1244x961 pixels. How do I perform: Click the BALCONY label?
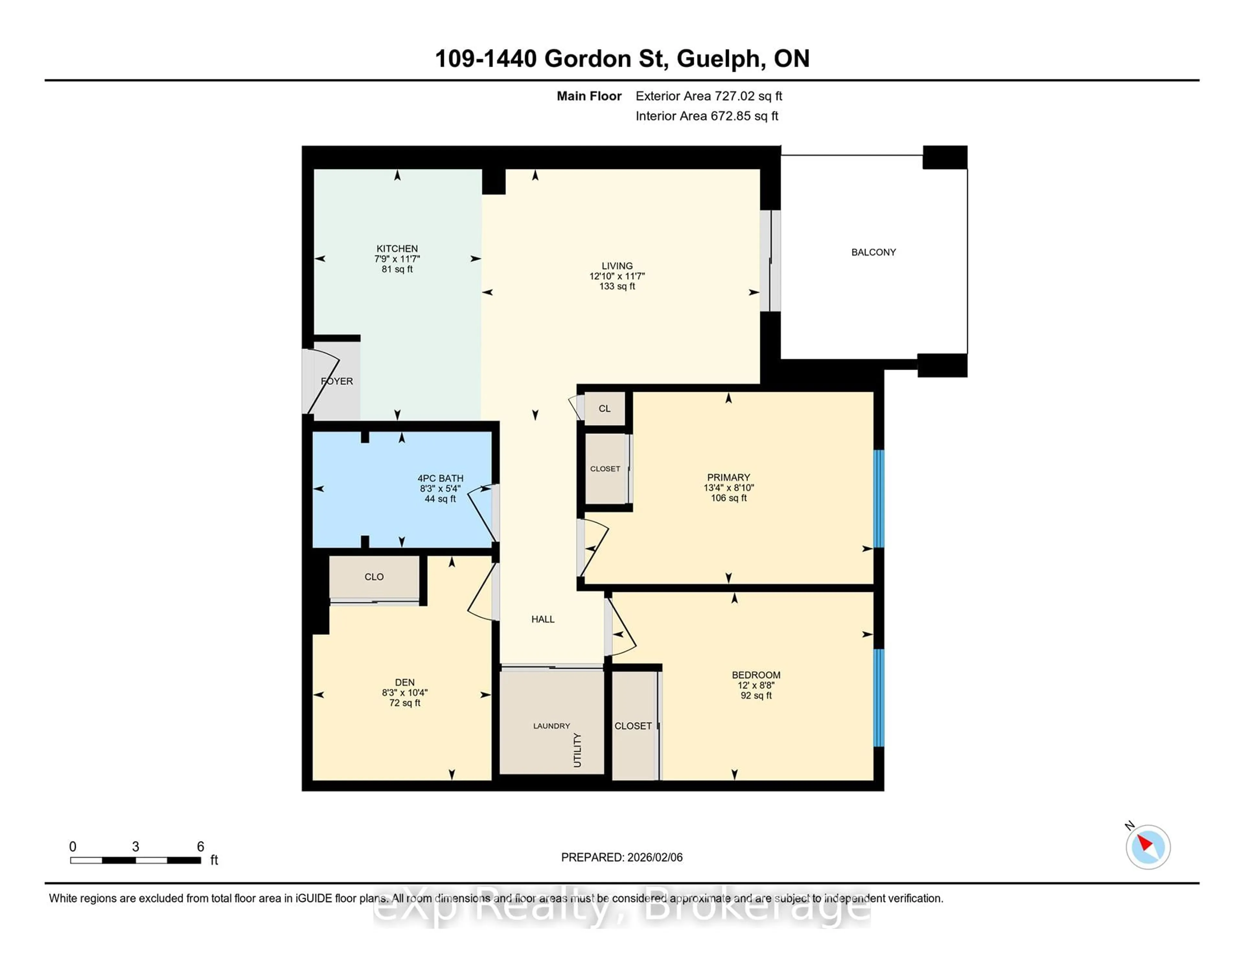click(873, 252)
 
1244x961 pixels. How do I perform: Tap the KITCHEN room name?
click(397, 249)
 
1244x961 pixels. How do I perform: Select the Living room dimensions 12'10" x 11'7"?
click(617, 276)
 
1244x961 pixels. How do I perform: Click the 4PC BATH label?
click(440, 478)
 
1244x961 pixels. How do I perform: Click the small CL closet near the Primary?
click(604, 409)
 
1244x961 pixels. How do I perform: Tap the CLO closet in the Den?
click(374, 577)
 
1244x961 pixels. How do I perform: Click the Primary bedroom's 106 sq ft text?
click(729, 498)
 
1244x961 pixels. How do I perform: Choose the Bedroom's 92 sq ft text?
click(756, 696)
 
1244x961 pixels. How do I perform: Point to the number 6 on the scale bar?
click(201, 847)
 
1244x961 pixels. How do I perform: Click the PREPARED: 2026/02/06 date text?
click(621, 857)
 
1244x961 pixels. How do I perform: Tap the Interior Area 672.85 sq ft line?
click(706, 116)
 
